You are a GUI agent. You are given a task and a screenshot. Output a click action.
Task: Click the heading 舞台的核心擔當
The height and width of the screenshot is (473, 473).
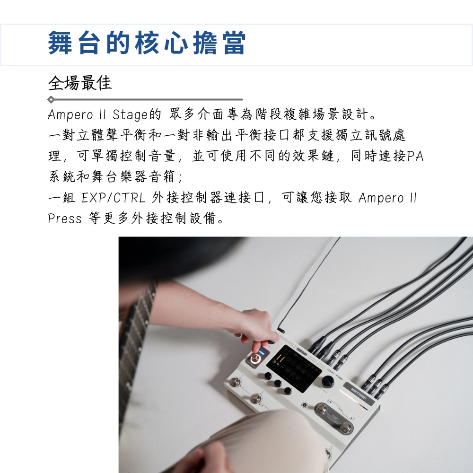point(147,43)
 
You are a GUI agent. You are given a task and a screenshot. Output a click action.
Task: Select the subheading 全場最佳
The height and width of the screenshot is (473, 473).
point(80,83)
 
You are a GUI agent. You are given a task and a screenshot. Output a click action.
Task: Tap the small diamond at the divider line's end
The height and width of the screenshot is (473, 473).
point(51,99)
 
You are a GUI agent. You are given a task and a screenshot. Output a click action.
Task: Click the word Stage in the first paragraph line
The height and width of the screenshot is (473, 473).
point(130,114)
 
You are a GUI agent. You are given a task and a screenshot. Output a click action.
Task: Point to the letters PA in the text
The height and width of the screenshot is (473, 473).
point(415,156)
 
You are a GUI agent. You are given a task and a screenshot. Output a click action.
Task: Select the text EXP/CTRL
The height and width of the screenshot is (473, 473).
point(114,198)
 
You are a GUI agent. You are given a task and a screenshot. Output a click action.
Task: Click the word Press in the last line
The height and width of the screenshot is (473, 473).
point(65,219)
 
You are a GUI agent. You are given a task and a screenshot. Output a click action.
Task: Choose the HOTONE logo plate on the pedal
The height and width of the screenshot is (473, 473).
point(359,394)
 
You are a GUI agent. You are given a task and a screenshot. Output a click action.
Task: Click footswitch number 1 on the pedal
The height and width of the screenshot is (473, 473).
point(235,382)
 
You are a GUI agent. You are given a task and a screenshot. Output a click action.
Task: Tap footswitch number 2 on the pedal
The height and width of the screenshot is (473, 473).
point(256,399)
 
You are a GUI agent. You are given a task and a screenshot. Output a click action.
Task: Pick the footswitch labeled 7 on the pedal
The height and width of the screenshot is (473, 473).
point(346,427)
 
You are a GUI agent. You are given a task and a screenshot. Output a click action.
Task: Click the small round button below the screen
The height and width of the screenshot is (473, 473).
point(304,405)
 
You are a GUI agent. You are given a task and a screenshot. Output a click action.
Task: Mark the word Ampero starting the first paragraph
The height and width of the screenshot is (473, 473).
point(70,115)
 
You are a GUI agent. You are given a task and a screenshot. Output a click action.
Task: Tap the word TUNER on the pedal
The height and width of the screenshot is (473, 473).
point(334,418)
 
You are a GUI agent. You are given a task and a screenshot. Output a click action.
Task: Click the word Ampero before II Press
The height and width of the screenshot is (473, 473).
point(381,198)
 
